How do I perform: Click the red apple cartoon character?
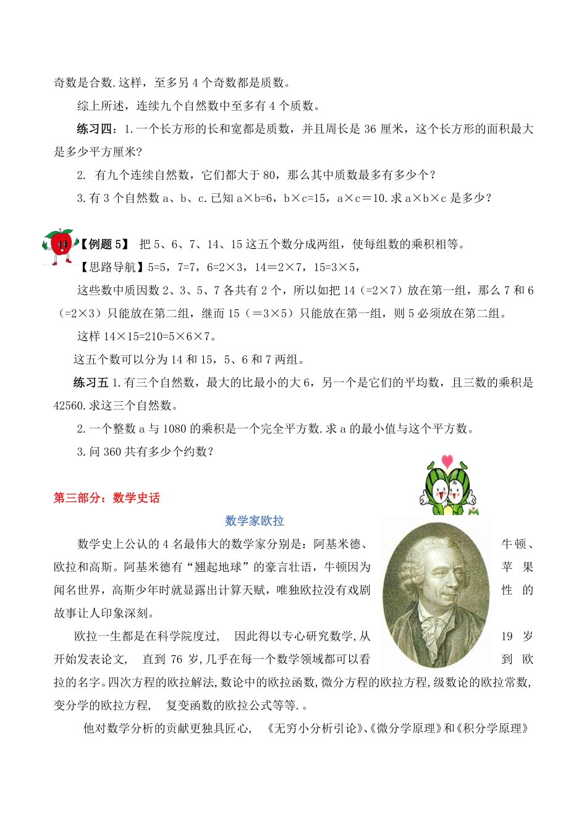coord(59,246)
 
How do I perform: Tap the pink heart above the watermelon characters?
coord(447,461)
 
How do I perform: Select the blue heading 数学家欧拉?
coord(255,521)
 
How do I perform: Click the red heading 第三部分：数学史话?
coord(107,498)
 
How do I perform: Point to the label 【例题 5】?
coord(104,245)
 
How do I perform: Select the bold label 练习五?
coord(91,383)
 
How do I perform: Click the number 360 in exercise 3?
coord(112,452)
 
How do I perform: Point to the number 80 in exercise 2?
coord(269,175)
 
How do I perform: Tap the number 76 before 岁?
coord(177,660)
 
